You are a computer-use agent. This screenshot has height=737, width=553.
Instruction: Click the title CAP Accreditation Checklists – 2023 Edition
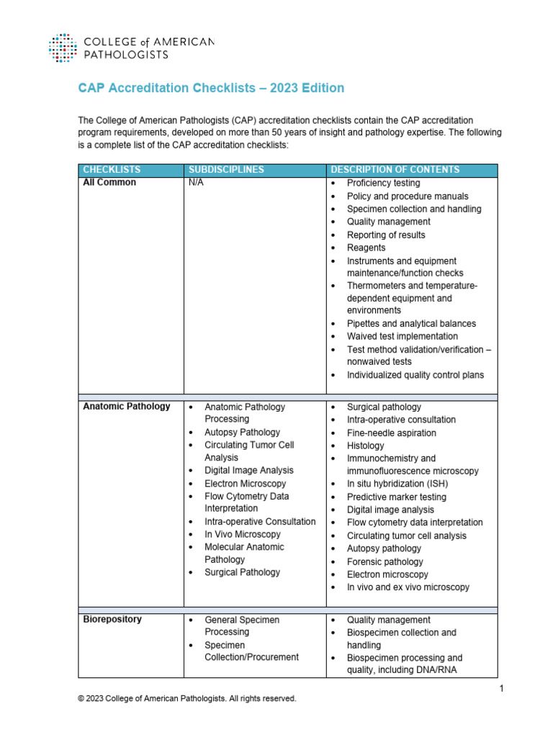pyautogui.click(x=211, y=88)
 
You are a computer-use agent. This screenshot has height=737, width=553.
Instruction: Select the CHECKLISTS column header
pyautogui.click(x=112, y=170)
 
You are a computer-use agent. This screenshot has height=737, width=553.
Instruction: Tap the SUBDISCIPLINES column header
pyautogui.click(x=226, y=170)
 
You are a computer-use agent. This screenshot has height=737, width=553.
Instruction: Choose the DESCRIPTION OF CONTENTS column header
pyautogui.click(x=395, y=170)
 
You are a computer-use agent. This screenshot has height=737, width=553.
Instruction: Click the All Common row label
pyautogui.click(x=109, y=183)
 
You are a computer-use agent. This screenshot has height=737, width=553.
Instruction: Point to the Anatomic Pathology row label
pyautogui.click(x=127, y=407)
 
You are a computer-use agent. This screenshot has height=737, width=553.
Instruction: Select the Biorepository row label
pyautogui.click(x=112, y=620)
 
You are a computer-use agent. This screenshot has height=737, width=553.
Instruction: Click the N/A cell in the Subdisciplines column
pyautogui.click(x=196, y=183)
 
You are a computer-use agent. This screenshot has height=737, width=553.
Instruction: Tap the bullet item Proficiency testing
pyautogui.click(x=384, y=184)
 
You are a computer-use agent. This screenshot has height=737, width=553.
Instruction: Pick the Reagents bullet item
pyautogui.click(x=366, y=248)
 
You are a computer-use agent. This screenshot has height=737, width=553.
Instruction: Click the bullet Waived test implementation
pyautogui.click(x=402, y=336)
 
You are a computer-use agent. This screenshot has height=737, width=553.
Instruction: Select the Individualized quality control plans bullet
pyautogui.click(x=415, y=375)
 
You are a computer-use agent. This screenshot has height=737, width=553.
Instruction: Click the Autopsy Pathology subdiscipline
pyautogui.click(x=242, y=432)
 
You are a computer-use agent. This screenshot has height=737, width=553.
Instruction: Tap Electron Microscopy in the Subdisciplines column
pyautogui.click(x=245, y=484)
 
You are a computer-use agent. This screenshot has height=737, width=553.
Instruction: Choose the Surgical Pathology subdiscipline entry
pyautogui.click(x=242, y=572)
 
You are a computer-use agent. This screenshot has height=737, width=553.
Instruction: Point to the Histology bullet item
pyautogui.click(x=366, y=446)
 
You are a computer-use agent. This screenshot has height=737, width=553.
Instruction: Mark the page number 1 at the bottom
pyautogui.click(x=500, y=689)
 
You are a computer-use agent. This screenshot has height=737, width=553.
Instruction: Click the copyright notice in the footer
pyautogui.click(x=186, y=699)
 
